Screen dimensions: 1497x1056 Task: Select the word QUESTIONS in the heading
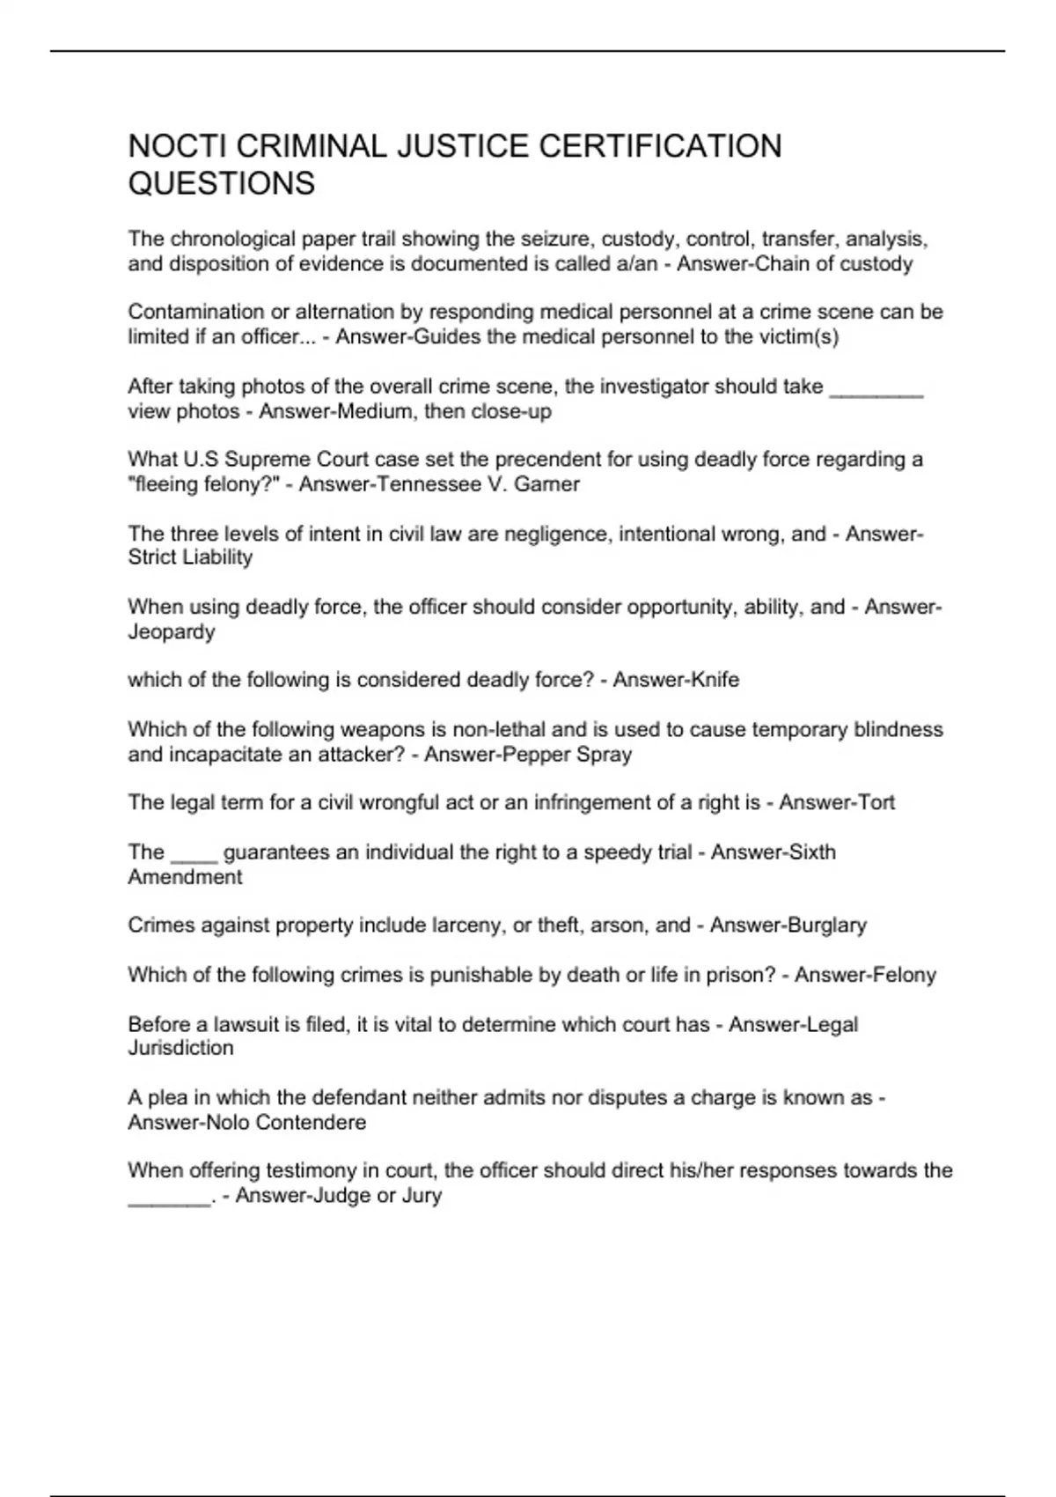[222, 183]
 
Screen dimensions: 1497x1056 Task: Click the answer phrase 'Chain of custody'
[838, 264]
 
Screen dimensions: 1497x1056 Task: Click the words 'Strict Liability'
[190, 557]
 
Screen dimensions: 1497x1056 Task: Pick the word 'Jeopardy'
[172, 631]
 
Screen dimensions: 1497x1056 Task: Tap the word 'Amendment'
[185, 877]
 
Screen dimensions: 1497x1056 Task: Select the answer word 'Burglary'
[826, 925]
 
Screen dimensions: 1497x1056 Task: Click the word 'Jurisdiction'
[181, 1048]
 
